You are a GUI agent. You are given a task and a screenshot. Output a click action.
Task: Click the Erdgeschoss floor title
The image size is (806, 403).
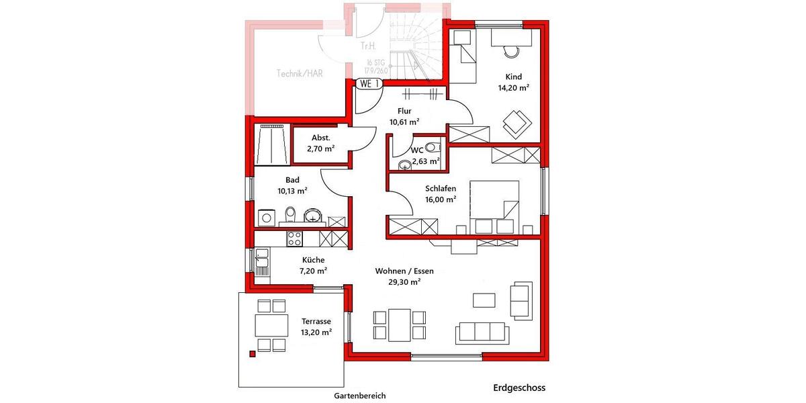[519, 388]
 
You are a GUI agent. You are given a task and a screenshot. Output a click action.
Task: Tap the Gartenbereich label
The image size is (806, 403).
[360, 396]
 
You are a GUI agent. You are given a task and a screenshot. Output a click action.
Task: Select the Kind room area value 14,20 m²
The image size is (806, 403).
[514, 87]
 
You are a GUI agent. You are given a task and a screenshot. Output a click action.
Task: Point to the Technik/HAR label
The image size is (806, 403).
[300, 73]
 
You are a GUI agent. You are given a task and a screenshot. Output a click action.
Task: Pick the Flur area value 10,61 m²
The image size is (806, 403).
[404, 122]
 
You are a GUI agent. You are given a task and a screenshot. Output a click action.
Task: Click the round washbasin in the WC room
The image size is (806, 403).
[404, 165]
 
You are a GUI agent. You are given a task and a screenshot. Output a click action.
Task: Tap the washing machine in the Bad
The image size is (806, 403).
[266, 217]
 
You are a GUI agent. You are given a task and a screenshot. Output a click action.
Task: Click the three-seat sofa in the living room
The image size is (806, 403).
[480, 332]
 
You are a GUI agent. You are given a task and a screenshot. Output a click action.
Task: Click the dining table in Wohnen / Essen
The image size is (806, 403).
[399, 324]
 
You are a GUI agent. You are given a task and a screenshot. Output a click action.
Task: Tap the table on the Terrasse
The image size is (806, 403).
[271, 325]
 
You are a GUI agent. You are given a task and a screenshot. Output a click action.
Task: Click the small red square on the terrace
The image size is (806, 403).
[253, 353]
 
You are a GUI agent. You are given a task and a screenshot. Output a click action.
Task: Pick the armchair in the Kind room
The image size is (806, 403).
[516, 122]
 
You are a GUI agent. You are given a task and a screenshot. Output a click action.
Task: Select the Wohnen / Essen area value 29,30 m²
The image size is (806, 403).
[404, 283]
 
